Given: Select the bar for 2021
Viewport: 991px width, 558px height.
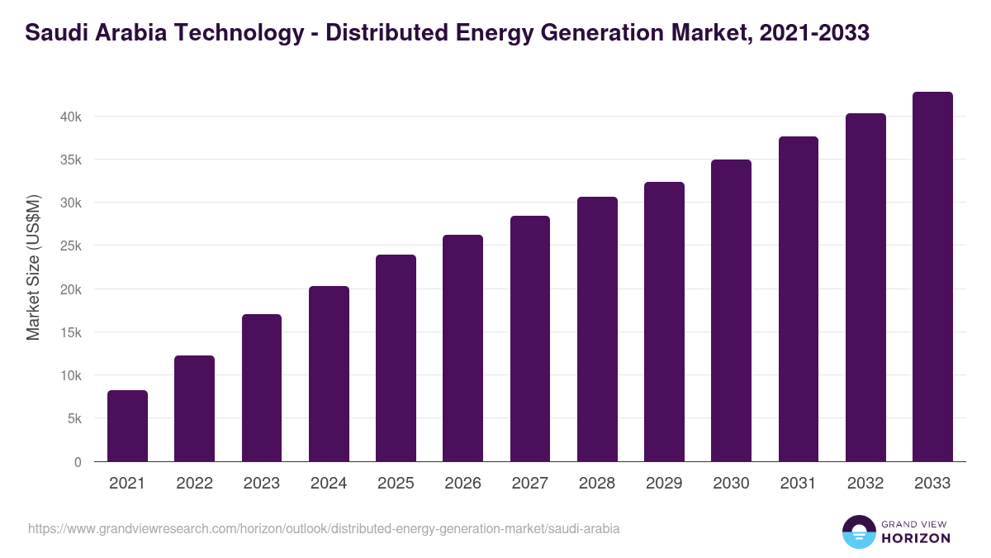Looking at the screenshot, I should pyautogui.click(x=127, y=426).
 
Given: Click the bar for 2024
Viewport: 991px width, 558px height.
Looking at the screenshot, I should pyautogui.click(x=329, y=374).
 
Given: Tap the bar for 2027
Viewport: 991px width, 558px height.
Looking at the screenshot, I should pyautogui.click(x=530, y=339).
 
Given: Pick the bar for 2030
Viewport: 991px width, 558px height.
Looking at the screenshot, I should pyautogui.click(x=731, y=311).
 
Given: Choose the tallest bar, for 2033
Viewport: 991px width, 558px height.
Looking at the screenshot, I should pyautogui.click(x=932, y=277).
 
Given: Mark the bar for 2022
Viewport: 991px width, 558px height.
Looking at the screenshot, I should pyautogui.click(x=194, y=408).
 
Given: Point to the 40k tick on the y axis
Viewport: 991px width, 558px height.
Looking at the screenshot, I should pyautogui.click(x=70, y=117).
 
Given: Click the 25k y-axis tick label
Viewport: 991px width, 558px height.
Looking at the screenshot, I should pyautogui.click(x=70, y=246).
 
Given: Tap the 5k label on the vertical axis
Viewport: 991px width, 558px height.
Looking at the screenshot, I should pyautogui.click(x=73, y=419).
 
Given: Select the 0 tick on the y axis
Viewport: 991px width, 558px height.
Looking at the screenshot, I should pyautogui.click(x=78, y=462).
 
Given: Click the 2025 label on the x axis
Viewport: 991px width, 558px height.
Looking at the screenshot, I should pyautogui.click(x=396, y=484).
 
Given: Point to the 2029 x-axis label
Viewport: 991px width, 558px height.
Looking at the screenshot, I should pyautogui.click(x=664, y=484).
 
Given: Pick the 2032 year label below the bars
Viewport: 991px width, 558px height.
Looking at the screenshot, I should pyautogui.click(x=865, y=484).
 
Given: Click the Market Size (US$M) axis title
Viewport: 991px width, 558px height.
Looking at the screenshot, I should pyautogui.click(x=33, y=268).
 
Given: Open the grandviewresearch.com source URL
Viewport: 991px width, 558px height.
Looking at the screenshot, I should pyautogui.click(x=324, y=528).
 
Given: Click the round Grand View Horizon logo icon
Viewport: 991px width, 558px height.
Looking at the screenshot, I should pyautogui.click(x=859, y=532).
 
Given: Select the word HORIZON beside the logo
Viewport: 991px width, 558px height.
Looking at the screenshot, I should pyautogui.click(x=917, y=538).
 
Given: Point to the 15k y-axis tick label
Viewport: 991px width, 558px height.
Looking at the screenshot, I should pyautogui.click(x=70, y=332).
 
